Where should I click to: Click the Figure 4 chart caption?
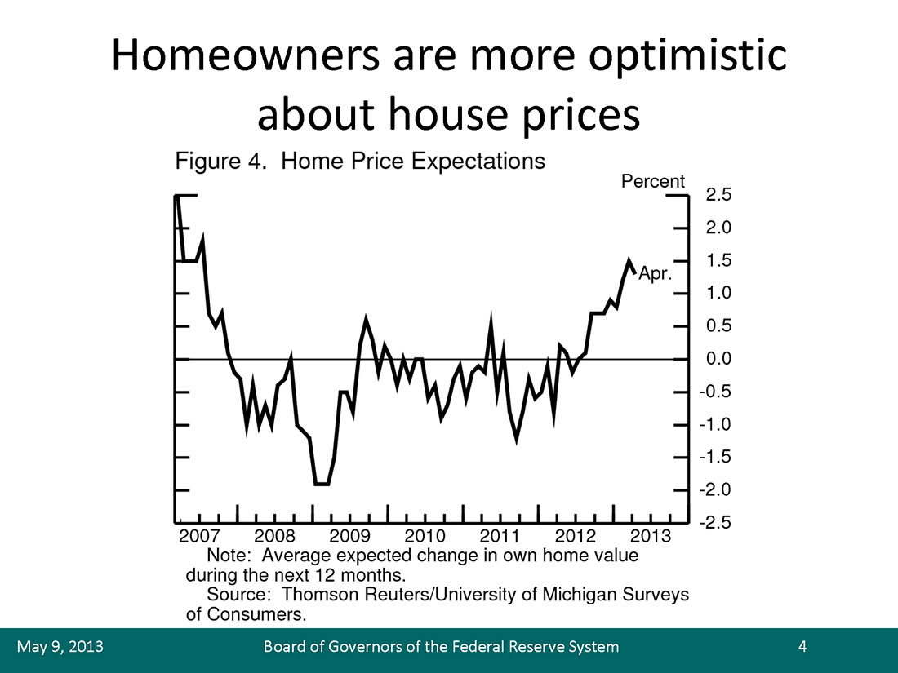pyautogui.click(x=360, y=161)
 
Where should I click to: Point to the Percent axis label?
pyautogui.click(x=653, y=181)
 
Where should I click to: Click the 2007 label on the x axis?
pyautogui.click(x=198, y=536)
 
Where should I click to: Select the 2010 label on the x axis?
pyautogui.click(x=425, y=536)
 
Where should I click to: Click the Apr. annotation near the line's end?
pyautogui.click(x=655, y=275)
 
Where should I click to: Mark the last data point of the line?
pyautogui.click(x=635, y=272)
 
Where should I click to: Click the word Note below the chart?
pyautogui.click(x=226, y=555)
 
